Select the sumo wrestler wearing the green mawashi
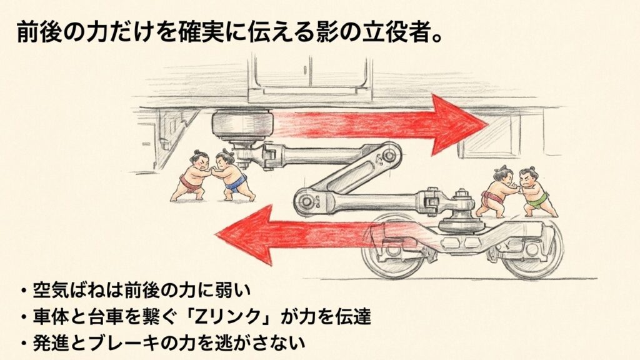[x=533, y=190]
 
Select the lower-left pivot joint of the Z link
[x=308, y=201]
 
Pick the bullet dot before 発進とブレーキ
[x=24, y=343]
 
